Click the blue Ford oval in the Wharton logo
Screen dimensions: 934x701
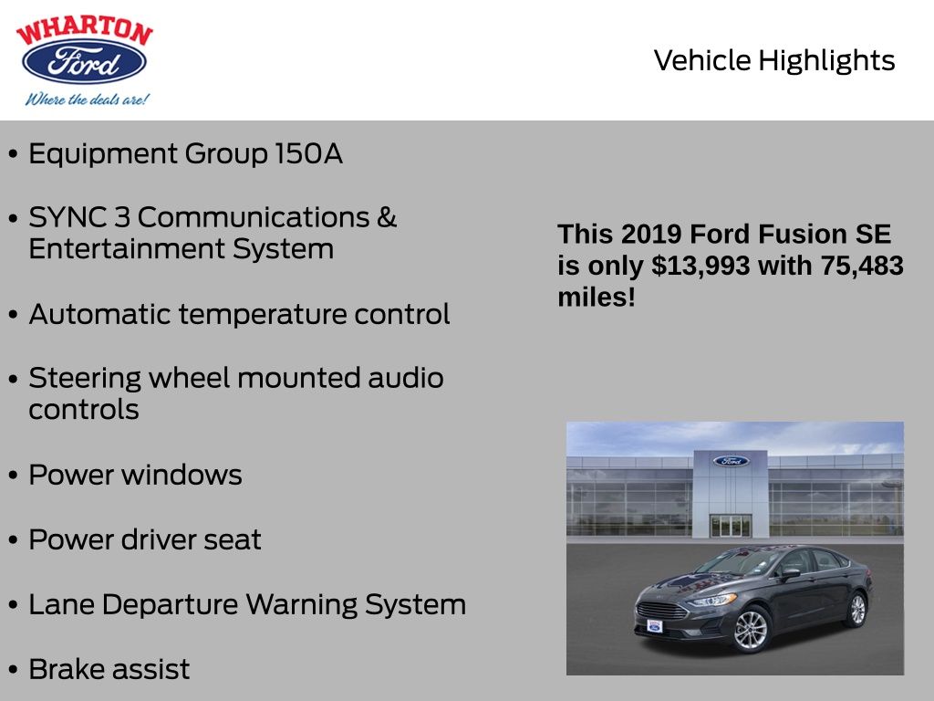84,61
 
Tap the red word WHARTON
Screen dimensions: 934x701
85,29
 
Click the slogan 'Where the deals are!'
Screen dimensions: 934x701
87,99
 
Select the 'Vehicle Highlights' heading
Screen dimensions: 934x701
773,61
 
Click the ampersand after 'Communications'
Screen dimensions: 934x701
387,217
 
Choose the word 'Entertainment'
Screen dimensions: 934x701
126,248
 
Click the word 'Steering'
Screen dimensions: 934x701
85,379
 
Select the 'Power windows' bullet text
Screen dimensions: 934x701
135,475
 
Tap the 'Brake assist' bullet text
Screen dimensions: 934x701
109,669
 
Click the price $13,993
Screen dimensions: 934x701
700,266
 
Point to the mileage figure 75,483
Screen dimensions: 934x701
862,266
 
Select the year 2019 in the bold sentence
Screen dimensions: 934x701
651,235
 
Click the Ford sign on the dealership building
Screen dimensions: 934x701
731,461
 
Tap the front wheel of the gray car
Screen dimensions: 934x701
752,630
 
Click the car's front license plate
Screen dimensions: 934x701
655,626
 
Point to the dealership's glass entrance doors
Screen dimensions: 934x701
731,526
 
